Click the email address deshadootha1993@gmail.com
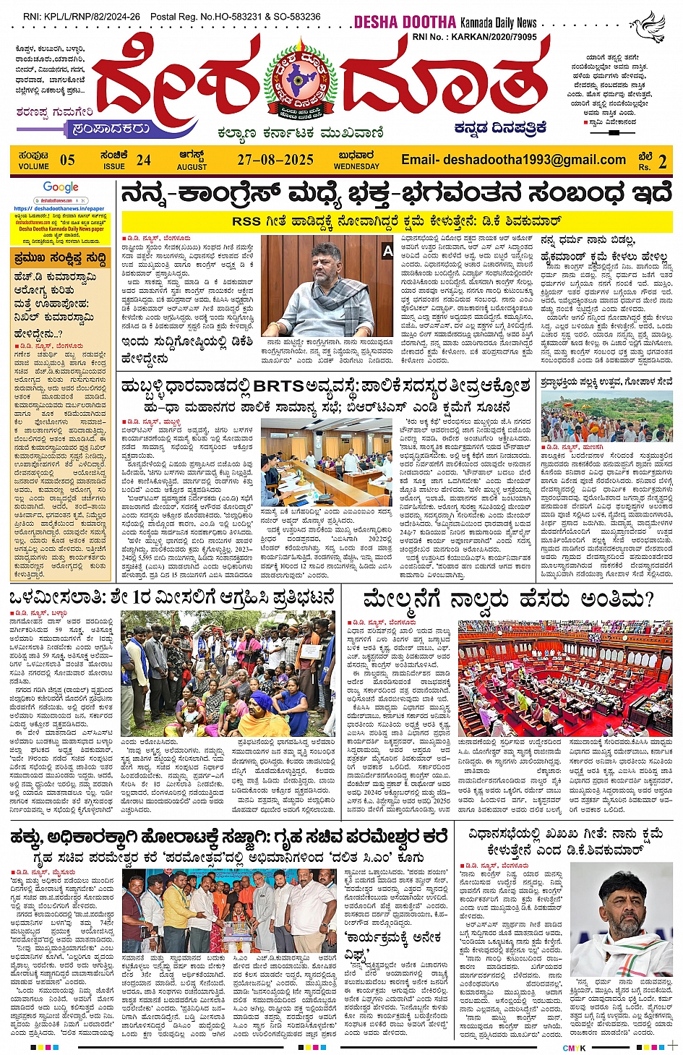point(513,160)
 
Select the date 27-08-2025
point(275,160)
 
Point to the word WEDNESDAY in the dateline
point(356,166)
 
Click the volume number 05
point(67,161)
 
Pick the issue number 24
point(144,160)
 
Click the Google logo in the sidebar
point(61,188)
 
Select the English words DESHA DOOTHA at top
point(404,22)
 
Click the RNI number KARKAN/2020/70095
point(494,36)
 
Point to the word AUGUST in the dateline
point(192,167)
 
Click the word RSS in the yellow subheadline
point(246,221)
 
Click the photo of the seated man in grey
point(327,286)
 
